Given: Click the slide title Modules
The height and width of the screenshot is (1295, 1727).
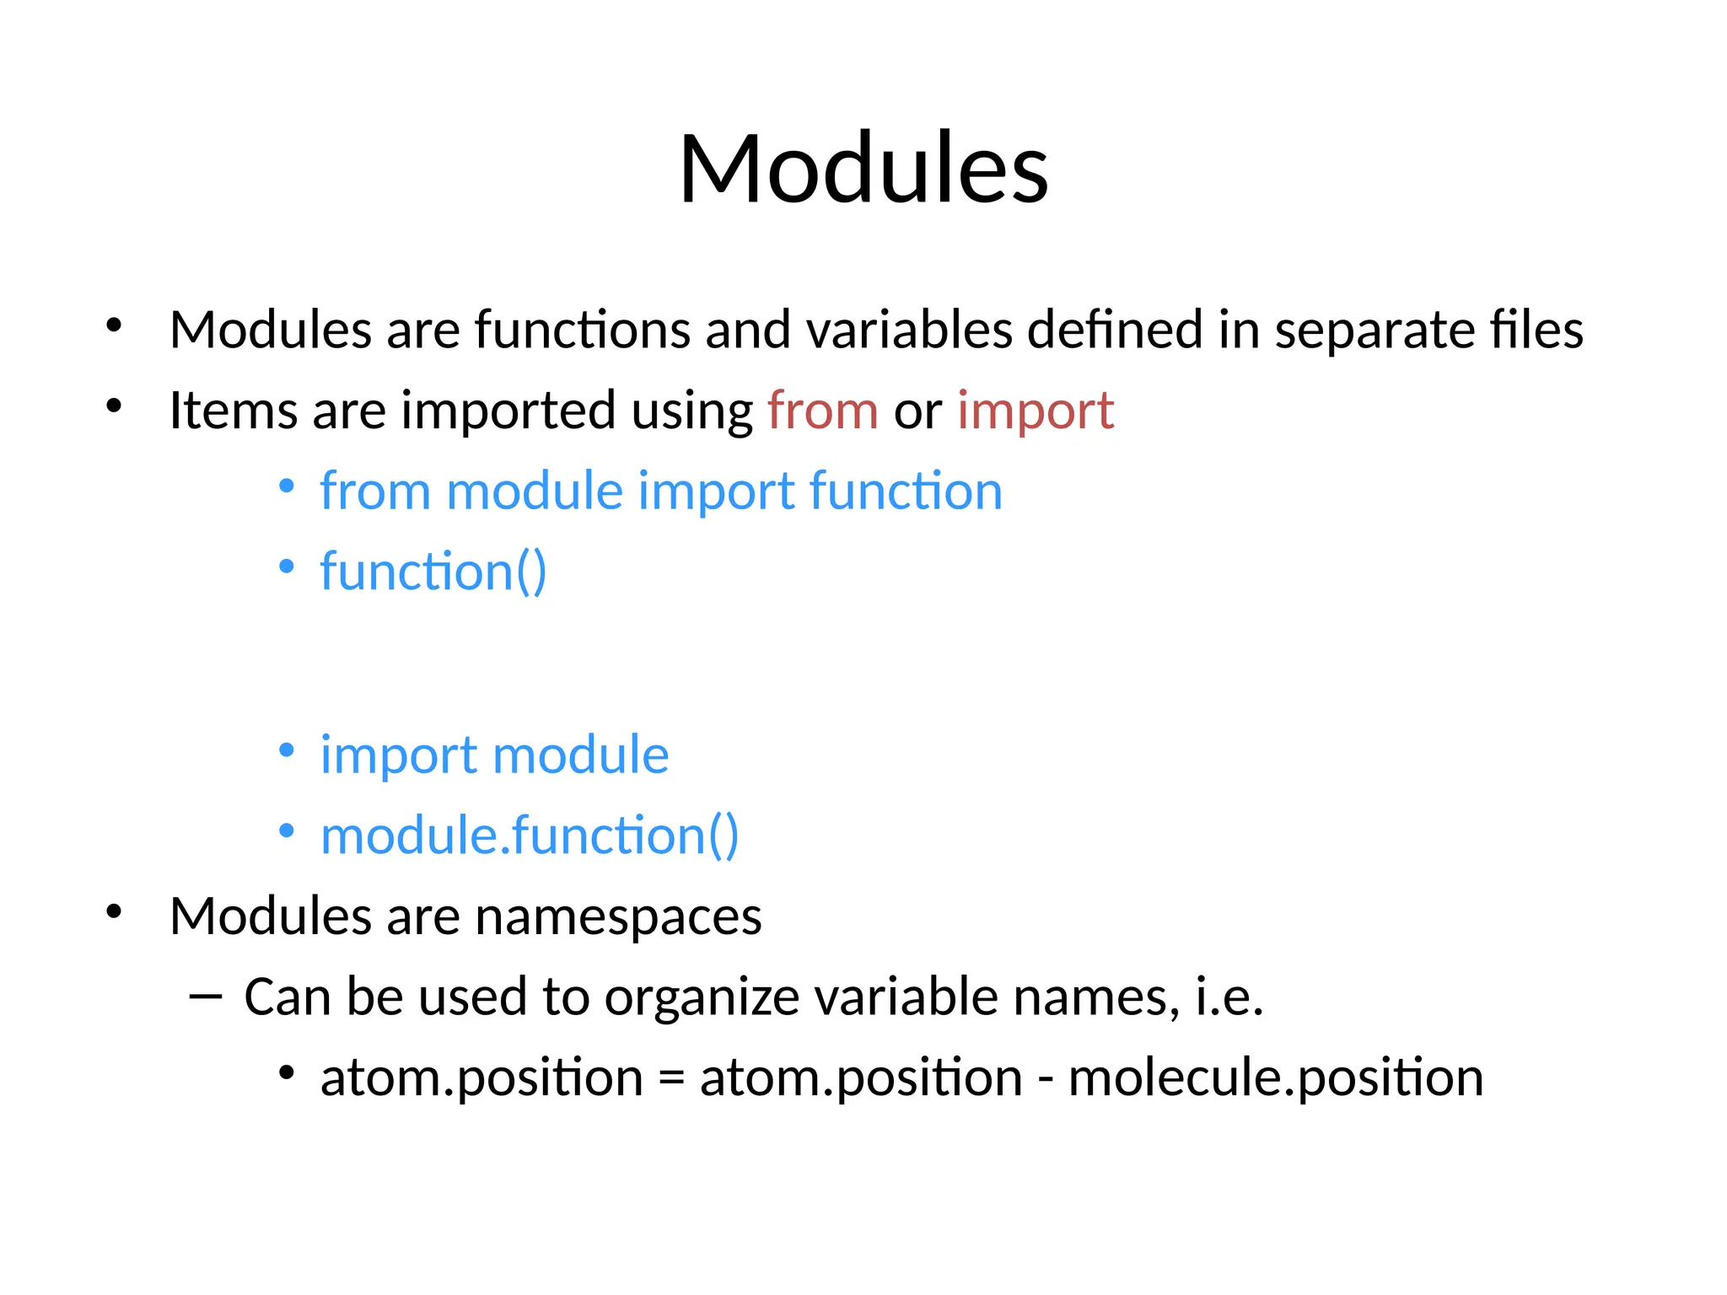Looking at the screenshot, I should coord(863,169).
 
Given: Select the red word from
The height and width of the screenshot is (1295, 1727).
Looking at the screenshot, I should coord(823,411).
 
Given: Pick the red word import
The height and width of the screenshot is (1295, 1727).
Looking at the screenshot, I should coord(1036,412).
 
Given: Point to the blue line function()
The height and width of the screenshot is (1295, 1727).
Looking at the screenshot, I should coord(433,572).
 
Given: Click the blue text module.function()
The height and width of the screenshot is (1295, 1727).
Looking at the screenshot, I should coord(530,836).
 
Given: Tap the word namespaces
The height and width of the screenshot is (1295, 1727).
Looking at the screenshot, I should coord(618,917).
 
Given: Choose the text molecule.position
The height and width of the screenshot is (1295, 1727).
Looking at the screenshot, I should coord(1275,1078).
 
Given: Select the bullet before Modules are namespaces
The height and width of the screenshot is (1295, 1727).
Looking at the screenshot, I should coord(115,911).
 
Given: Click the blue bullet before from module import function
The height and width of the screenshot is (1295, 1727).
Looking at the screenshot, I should coord(287,486).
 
